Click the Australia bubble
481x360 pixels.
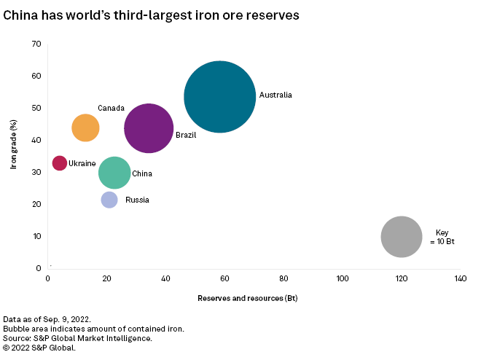pos(219,96)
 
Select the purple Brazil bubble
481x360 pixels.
pos(149,128)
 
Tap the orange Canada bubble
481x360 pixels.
pos(85,128)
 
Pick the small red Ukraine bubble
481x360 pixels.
pos(59,163)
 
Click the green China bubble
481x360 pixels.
pos(114,173)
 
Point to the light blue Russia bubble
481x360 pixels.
pos(109,200)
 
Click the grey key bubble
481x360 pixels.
pos(401,236)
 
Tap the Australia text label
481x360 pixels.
pos(275,95)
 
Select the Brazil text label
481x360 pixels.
pos(186,135)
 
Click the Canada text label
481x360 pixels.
pos(111,109)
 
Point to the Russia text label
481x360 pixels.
pos(137,200)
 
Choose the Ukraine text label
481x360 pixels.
pos(82,164)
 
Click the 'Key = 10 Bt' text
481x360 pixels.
pos(442,237)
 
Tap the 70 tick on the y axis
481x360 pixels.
pos(36,44)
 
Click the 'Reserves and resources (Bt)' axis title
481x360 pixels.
pos(247,298)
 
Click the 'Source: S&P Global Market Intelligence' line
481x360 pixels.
pos(77,338)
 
